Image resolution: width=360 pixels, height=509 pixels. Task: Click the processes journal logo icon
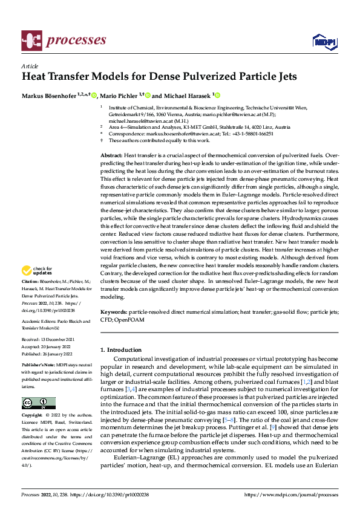(x=32, y=41)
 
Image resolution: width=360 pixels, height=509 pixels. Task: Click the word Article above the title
(x=29, y=66)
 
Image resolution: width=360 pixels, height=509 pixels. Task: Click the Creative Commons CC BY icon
(x=38, y=403)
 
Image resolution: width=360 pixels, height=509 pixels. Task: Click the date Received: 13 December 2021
(x=48, y=341)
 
